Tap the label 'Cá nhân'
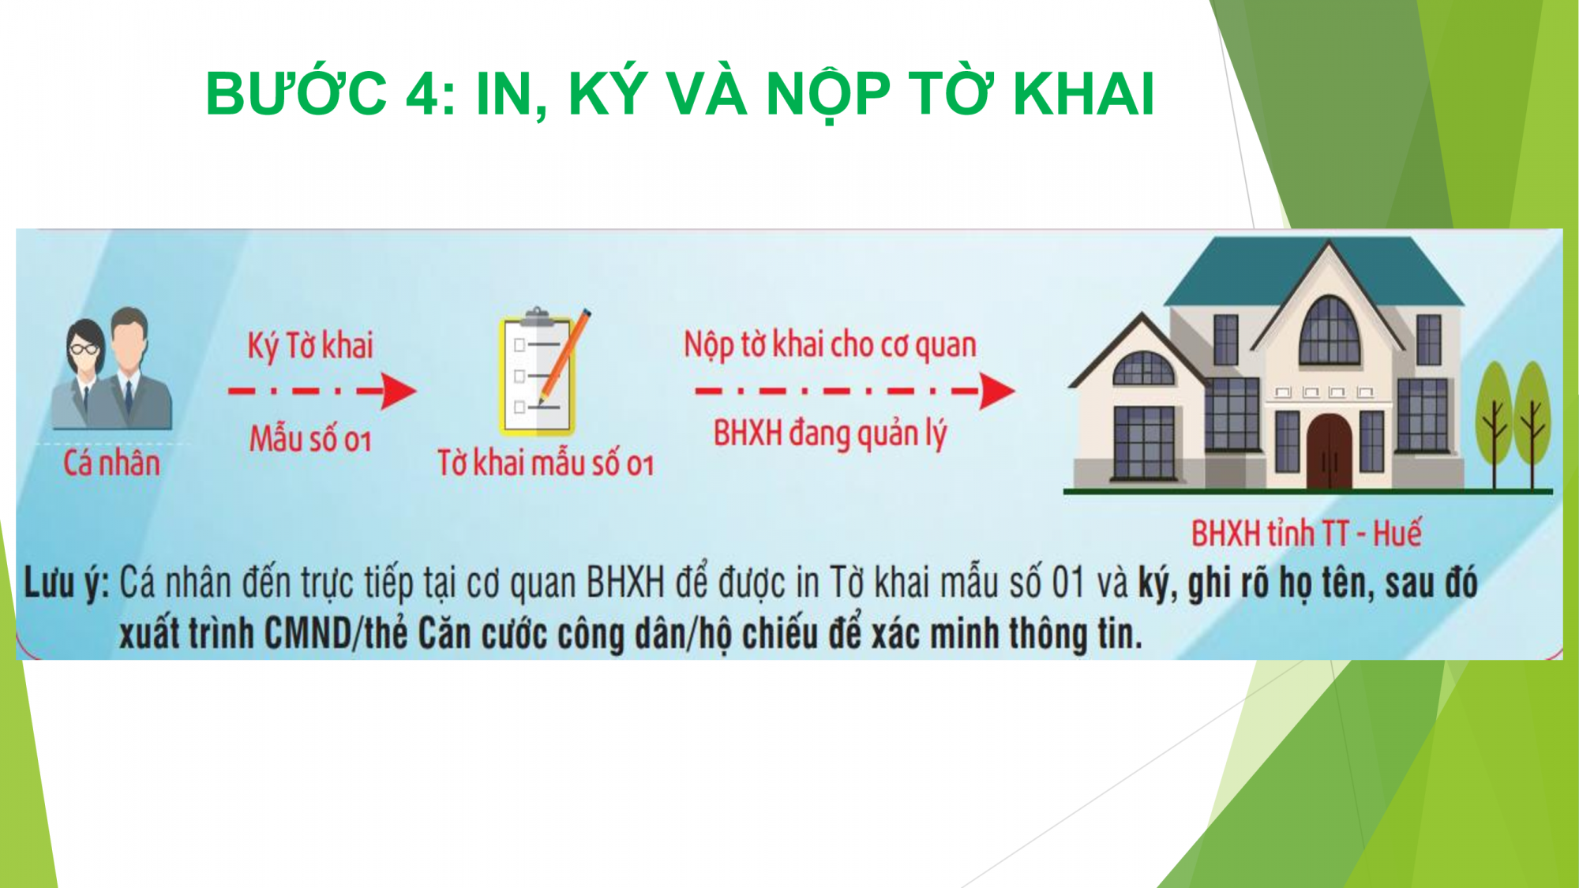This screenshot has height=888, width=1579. click(x=111, y=463)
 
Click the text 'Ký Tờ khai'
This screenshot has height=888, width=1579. click(x=309, y=347)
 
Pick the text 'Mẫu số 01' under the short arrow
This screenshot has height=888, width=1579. click(x=310, y=438)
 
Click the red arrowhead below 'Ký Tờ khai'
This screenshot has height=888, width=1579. click(x=399, y=391)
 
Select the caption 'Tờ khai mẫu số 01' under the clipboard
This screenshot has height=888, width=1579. click(x=546, y=463)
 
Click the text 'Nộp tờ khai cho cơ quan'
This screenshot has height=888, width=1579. click(x=830, y=345)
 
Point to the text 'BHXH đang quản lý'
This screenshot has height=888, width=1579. click(x=830, y=434)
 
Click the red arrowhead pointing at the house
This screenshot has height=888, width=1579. click(x=997, y=391)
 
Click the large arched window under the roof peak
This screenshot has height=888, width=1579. click(x=1330, y=332)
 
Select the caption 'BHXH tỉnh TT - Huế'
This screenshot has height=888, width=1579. click(x=1307, y=534)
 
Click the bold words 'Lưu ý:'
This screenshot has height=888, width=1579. click(x=66, y=585)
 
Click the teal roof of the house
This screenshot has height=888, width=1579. click(x=1314, y=272)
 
